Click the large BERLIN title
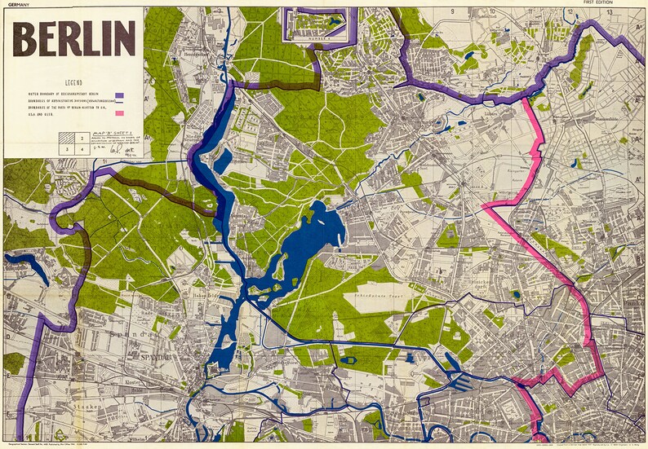coord(74,38)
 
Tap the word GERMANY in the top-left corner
coord(16,3)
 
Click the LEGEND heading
coord(73,83)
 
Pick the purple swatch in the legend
coord(119,95)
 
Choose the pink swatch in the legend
coord(119,113)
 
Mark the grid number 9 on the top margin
coord(451,11)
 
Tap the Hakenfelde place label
coord(204,284)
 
